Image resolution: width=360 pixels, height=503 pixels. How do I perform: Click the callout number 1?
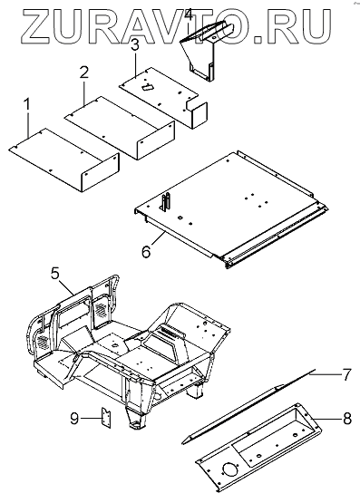(27, 105)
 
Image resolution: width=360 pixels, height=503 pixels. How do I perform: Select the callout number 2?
(83, 73)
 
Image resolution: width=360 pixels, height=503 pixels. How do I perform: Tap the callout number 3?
(135, 45)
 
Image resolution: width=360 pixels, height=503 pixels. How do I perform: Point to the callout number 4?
(189, 15)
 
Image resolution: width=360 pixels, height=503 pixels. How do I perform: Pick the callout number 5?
(55, 274)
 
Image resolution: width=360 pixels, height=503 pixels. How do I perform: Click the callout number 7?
(346, 374)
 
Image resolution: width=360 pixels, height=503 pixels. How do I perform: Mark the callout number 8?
(347, 419)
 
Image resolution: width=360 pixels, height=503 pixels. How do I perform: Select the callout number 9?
(74, 419)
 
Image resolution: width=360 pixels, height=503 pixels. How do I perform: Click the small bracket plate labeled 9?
(106, 417)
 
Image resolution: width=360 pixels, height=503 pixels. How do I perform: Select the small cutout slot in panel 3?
(148, 87)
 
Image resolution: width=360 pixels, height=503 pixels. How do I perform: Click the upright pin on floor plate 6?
(166, 202)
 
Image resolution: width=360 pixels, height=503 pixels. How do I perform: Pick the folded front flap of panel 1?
(100, 172)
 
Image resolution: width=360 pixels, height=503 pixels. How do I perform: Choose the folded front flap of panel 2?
(156, 140)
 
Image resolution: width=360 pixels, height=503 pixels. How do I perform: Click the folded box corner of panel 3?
(198, 114)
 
